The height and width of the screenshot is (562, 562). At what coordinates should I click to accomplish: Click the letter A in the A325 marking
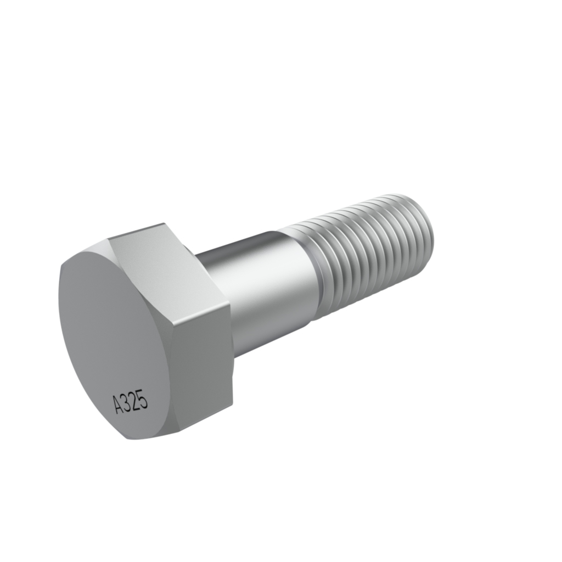pyautogui.click(x=119, y=405)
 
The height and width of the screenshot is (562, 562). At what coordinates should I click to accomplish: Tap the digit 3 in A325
pyautogui.click(x=127, y=402)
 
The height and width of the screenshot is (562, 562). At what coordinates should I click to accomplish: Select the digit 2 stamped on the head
pyautogui.click(x=135, y=400)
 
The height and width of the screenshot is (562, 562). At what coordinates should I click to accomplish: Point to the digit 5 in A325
pyautogui.click(x=143, y=398)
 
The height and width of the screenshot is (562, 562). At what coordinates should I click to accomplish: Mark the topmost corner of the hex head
pyautogui.click(x=164, y=223)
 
